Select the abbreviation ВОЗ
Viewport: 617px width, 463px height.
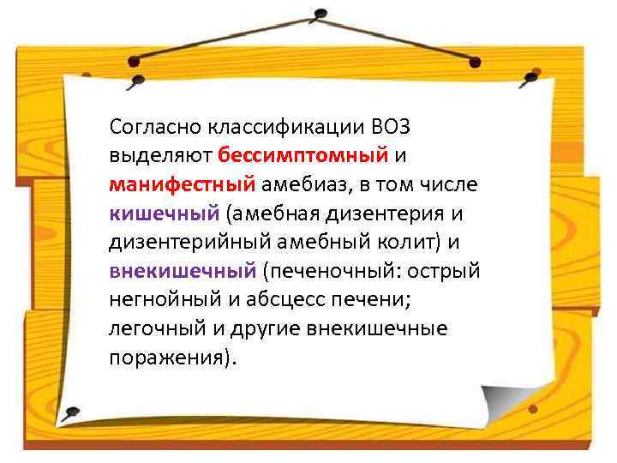(x=392, y=128)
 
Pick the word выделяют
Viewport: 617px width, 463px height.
(x=160, y=157)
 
